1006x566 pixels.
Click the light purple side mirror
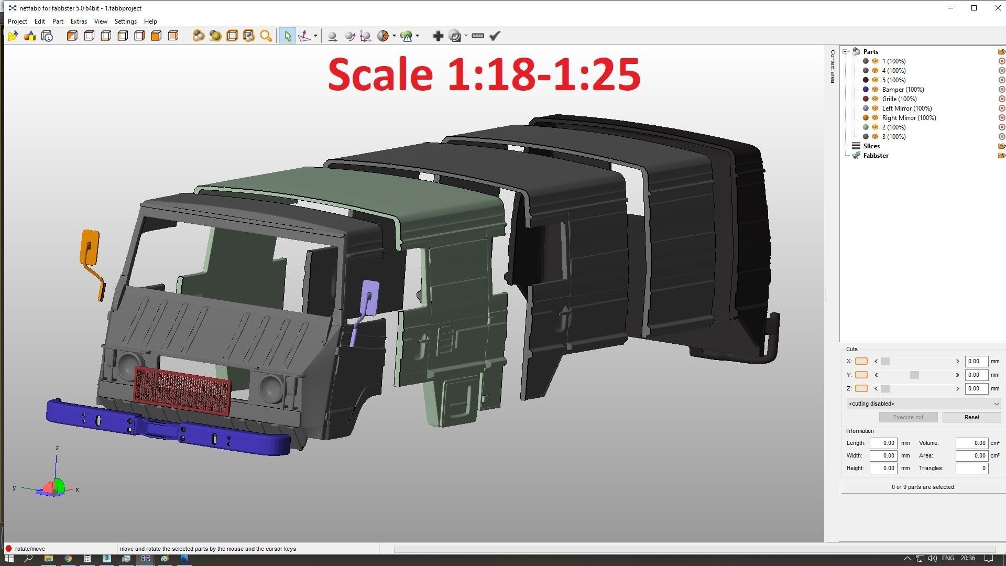[370, 297]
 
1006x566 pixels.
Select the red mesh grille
[182, 390]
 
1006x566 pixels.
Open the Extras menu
[79, 21]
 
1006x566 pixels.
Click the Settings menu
[125, 21]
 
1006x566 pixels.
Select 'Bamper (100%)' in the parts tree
[902, 90]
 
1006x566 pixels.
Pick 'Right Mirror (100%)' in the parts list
[909, 118]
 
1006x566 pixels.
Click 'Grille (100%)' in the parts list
[899, 99]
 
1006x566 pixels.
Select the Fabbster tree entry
[876, 156]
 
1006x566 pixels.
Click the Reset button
[971, 417]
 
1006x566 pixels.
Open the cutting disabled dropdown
[923, 404]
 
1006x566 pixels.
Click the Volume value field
[971, 443]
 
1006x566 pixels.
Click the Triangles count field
[971, 468]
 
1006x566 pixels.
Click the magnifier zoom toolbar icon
[266, 36]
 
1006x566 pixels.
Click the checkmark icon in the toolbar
[495, 36]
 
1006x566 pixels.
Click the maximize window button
[974, 8]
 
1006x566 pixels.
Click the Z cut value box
[976, 388]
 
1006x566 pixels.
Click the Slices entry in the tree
[871, 146]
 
